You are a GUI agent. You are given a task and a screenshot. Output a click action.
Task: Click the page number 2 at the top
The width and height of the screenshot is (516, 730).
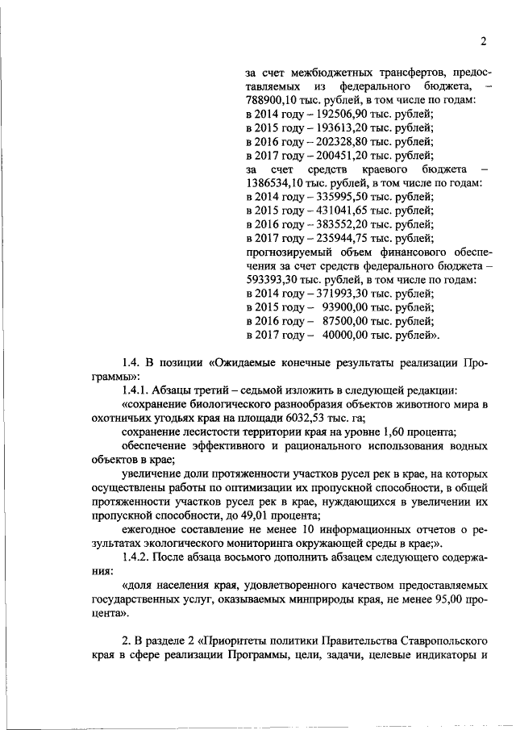click(x=483, y=42)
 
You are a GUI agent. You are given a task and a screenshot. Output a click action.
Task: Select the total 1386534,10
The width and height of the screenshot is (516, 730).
click(x=274, y=183)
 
